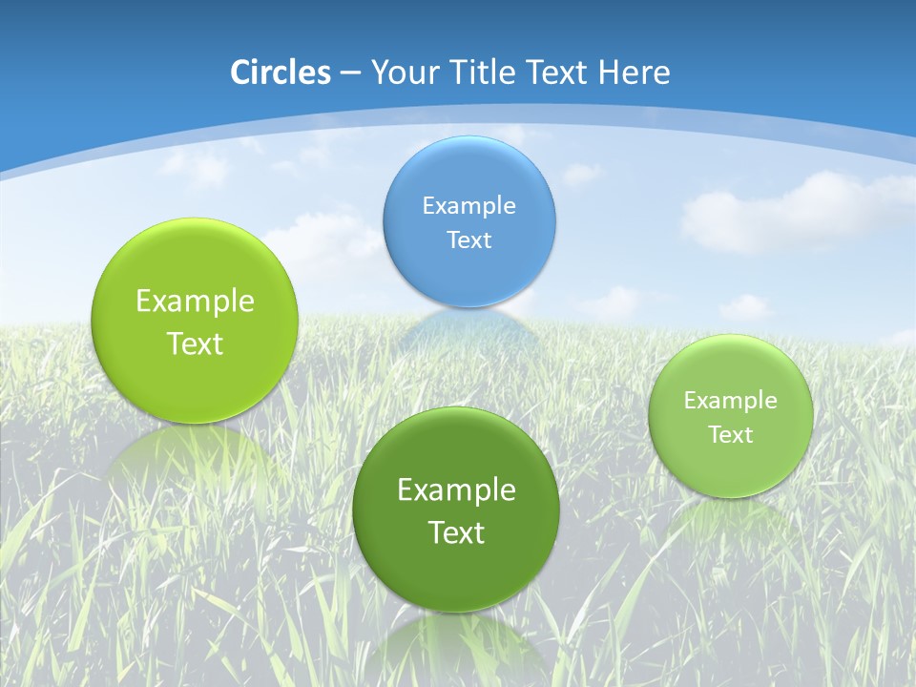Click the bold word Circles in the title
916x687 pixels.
[280, 73]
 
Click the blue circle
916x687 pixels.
[468, 221]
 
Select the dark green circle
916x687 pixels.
[455, 510]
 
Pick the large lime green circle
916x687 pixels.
[195, 321]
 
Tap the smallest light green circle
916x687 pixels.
[730, 416]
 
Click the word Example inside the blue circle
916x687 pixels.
[468, 205]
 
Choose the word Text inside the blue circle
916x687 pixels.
[468, 239]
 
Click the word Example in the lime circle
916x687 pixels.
[195, 302]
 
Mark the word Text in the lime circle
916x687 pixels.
[195, 343]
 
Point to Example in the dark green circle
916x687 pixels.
[456, 490]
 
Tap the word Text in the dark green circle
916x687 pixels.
[456, 532]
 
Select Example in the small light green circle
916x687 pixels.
[730, 401]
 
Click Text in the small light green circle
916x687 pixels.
[730, 435]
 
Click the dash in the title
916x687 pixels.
[349, 73]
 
